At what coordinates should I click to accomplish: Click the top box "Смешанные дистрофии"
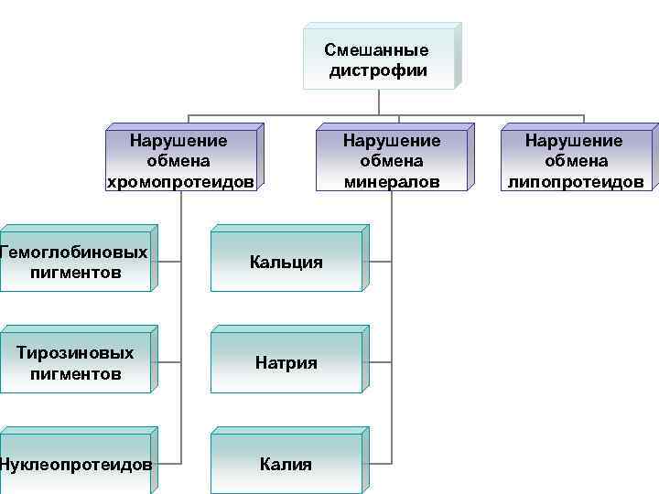coord(376,60)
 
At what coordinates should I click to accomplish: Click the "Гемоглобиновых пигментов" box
coord(75,262)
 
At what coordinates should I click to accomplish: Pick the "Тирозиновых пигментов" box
coord(75,363)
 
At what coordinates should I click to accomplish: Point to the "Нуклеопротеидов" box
coord(75,464)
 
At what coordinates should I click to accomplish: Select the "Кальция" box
coord(286,263)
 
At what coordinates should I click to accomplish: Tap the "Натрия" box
coord(286,363)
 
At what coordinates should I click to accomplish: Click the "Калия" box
coord(286,464)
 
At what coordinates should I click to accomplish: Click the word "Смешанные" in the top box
coord(376,50)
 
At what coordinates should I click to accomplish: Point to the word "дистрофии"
coord(378,70)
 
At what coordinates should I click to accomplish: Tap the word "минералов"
coord(392,181)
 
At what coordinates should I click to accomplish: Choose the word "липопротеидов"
coord(576,181)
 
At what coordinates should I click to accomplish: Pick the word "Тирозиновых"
coord(75,353)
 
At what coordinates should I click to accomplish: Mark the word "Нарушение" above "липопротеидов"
coord(573,141)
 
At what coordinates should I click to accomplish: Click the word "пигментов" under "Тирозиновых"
coord(75,373)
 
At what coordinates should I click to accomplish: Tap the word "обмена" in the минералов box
coord(391,161)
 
